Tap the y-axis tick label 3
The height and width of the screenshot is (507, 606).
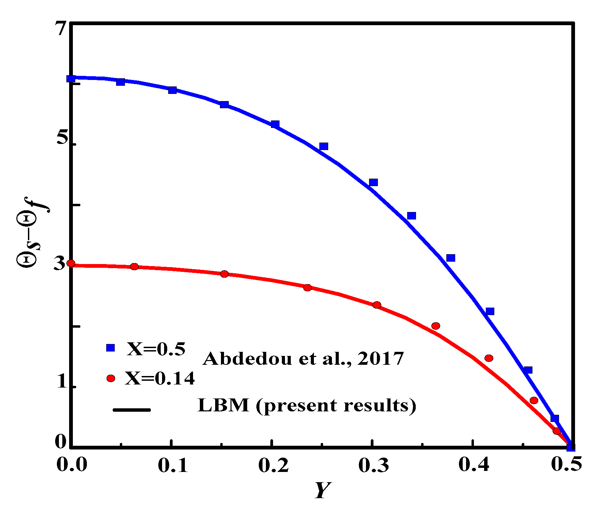click(x=60, y=263)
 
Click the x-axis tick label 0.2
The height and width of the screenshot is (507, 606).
click(x=273, y=465)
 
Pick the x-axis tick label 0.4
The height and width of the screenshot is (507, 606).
click(x=474, y=465)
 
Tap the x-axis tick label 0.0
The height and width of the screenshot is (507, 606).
click(x=72, y=465)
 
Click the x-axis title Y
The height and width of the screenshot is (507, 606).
click(x=322, y=490)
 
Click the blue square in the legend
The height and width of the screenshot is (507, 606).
click(x=111, y=347)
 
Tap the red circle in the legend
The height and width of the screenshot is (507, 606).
click(x=111, y=378)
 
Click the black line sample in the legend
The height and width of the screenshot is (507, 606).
click(x=131, y=410)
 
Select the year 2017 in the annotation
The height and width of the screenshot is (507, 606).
click(x=381, y=358)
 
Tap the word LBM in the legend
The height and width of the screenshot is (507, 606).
click(x=223, y=405)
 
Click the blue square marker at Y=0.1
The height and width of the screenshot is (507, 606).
click(x=172, y=90)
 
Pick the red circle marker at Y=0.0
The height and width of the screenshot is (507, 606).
click(x=71, y=263)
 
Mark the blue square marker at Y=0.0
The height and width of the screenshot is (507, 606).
click(x=71, y=79)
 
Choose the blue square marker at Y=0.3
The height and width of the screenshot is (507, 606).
click(x=373, y=182)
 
